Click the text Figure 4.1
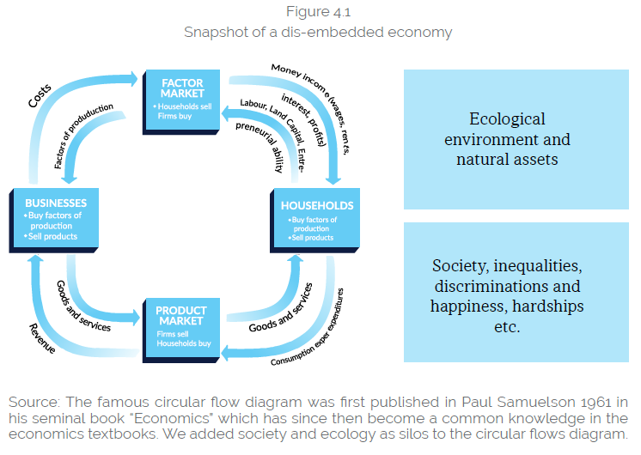(317, 13)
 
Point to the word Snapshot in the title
(214, 33)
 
